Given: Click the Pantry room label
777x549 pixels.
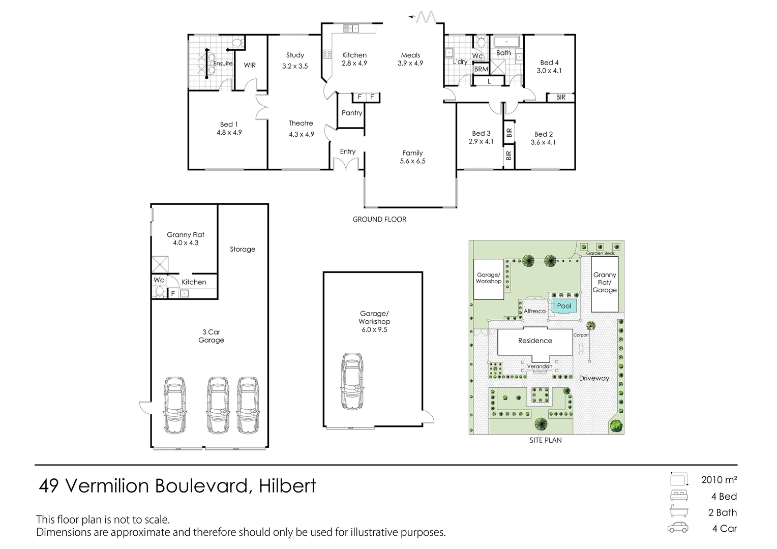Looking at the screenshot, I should coord(352,113).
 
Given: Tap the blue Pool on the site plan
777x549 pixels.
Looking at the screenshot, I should coord(564,306).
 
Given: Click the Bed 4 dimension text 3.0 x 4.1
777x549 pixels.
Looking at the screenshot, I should coord(549,71).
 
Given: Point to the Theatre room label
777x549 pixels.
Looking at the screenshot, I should coord(301,123).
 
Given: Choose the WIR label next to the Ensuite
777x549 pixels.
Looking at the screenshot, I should coord(250,65).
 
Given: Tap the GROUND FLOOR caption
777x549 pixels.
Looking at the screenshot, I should coord(379,220).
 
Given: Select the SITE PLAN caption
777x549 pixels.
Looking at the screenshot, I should coord(546,440).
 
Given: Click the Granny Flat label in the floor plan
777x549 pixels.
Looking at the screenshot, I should coord(186,235).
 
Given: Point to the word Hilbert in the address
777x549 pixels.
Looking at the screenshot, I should coord(287,486).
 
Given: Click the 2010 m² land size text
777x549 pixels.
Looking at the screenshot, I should coord(719,479).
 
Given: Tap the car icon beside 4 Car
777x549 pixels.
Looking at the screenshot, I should coord(678,528).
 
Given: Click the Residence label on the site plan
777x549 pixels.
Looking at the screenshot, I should coord(535,341).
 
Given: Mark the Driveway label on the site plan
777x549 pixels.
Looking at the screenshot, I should coord(594,378).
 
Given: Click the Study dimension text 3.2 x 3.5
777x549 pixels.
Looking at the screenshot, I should coord(295,66).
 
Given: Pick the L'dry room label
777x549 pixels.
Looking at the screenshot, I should coord(460,62).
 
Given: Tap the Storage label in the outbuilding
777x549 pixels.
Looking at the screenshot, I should coord(243,249).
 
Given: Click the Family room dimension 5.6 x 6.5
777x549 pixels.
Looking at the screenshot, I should coord(412,161).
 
